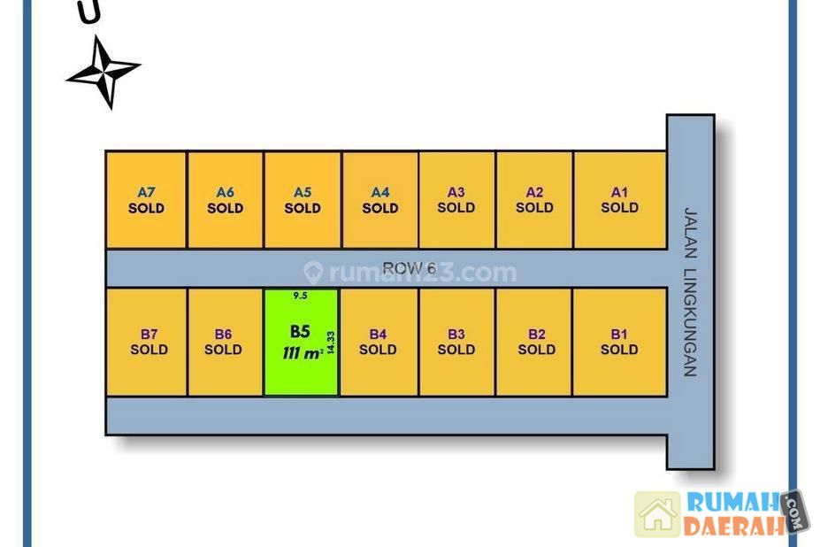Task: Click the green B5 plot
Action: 301,342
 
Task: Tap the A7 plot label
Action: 146,192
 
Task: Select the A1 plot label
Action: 619,192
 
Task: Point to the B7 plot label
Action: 149,335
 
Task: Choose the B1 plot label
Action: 619,335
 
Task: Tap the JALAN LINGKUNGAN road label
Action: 690,292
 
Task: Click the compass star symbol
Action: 103,72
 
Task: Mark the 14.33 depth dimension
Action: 330,343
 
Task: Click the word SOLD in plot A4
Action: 380,208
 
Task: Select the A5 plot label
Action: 303,192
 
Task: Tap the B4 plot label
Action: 378,335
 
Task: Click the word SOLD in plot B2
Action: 536,350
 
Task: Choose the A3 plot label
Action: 456,192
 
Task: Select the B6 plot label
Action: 223,335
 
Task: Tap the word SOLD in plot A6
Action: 225,208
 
